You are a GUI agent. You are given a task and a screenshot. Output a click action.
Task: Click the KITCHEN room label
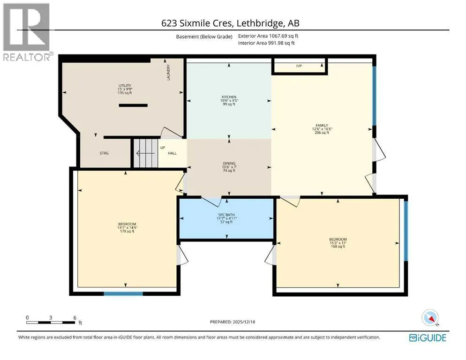(229, 97)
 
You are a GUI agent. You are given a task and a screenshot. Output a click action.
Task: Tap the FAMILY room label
(322, 126)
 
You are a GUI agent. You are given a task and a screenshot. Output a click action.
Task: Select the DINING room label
(229, 163)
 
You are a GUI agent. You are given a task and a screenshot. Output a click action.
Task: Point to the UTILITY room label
(125, 86)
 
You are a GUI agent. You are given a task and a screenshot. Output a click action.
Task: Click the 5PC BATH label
(226, 215)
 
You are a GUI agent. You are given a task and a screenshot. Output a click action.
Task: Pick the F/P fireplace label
(299, 66)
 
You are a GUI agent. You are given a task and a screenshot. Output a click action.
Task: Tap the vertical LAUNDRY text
(168, 73)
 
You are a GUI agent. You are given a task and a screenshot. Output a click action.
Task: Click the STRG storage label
(104, 153)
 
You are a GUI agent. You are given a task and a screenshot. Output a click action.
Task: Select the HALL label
(172, 153)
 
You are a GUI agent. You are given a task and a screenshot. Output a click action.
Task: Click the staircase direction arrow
(145, 153)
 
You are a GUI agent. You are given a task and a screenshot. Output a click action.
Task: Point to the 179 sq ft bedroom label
(127, 227)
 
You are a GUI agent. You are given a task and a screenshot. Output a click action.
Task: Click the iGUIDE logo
(428, 338)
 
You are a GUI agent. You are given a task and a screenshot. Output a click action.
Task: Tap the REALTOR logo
(27, 32)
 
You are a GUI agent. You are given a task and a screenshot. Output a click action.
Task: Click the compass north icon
(430, 318)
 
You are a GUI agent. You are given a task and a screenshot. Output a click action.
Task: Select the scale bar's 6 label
(75, 317)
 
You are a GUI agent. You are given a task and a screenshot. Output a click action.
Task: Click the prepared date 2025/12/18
(244, 322)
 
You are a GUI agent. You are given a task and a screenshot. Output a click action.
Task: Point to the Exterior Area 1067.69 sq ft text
(268, 36)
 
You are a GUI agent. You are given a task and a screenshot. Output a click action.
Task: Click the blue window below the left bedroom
(123, 294)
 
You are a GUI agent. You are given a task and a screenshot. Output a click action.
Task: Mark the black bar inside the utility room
(133, 105)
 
